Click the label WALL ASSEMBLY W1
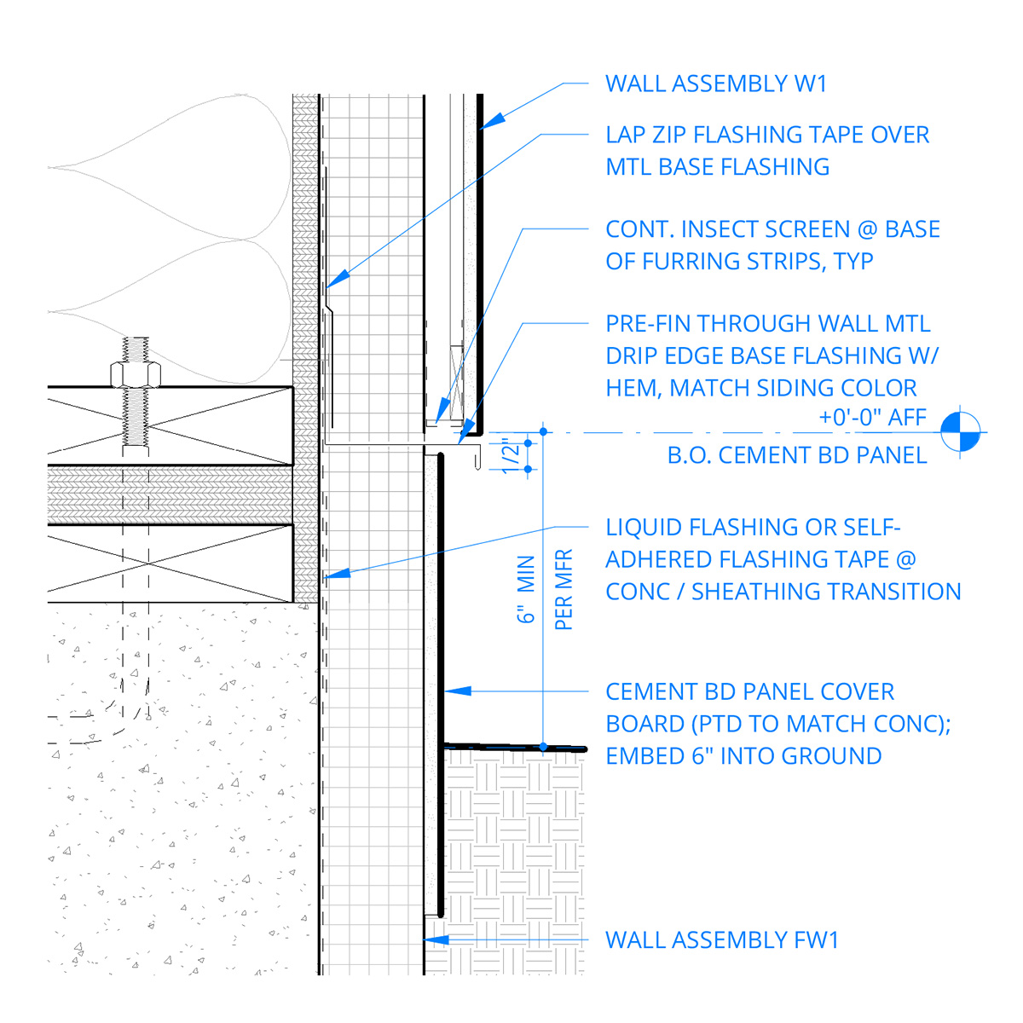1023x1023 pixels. pyautogui.click(x=716, y=84)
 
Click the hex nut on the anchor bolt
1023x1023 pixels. pyautogui.click(x=136, y=374)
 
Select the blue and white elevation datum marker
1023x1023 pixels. pyautogui.click(x=960, y=432)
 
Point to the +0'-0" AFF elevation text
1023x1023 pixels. pyautogui.click(x=873, y=417)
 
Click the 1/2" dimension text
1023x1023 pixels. pyautogui.click(x=510, y=455)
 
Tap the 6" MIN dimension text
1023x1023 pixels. pyautogui.click(x=526, y=589)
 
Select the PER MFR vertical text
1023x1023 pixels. pyautogui.click(x=564, y=589)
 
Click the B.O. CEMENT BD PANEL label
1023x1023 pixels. pyautogui.click(x=797, y=455)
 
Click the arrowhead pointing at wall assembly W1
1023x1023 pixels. pyautogui.click(x=492, y=120)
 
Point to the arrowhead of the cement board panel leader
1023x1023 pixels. pyautogui.click(x=458, y=691)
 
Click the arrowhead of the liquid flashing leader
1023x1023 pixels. pyautogui.click(x=337, y=574)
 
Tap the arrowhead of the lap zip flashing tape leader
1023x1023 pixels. pyautogui.click(x=338, y=280)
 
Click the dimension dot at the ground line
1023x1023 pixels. pyautogui.click(x=543, y=747)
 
